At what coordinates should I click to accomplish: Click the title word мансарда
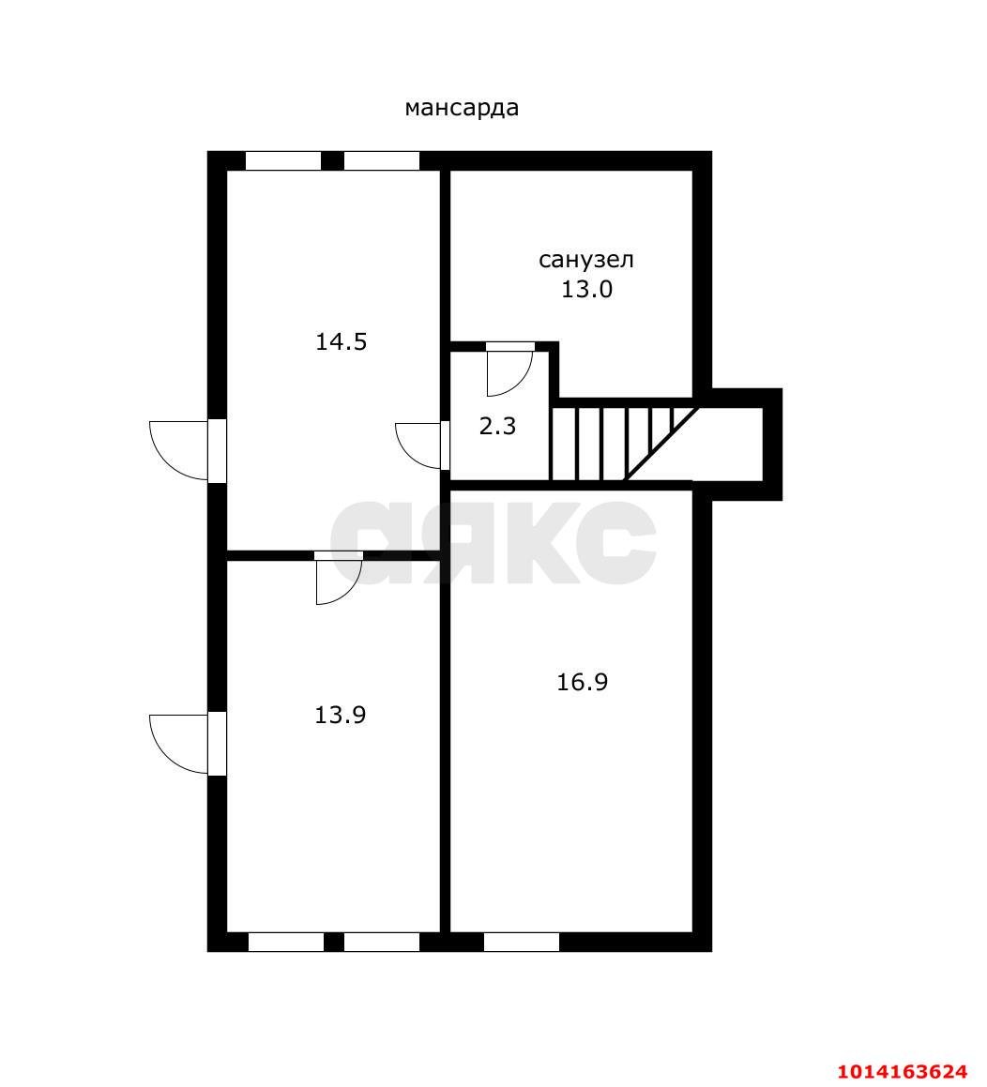point(462,108)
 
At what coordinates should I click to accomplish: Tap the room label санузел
point(586,260)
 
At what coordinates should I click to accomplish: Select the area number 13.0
point(586,289)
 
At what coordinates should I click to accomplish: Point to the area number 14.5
point(342,341)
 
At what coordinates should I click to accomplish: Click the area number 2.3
point(498,427)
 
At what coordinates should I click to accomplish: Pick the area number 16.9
point(583,682)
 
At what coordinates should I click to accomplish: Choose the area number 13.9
point(340,715)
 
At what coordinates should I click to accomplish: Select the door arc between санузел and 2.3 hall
point(509,374)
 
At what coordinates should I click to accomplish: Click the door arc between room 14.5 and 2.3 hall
point(418,445)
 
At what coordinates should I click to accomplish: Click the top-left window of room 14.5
point(283,160)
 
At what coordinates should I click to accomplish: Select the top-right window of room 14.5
point(382,160)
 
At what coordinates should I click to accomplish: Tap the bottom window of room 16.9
point(522,943)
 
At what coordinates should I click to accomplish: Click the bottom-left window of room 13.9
point(286,943)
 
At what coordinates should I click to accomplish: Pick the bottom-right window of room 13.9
point(382,943)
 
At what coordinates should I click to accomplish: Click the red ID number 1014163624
point(902,1071)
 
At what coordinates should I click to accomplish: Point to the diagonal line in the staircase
point(662,443)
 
